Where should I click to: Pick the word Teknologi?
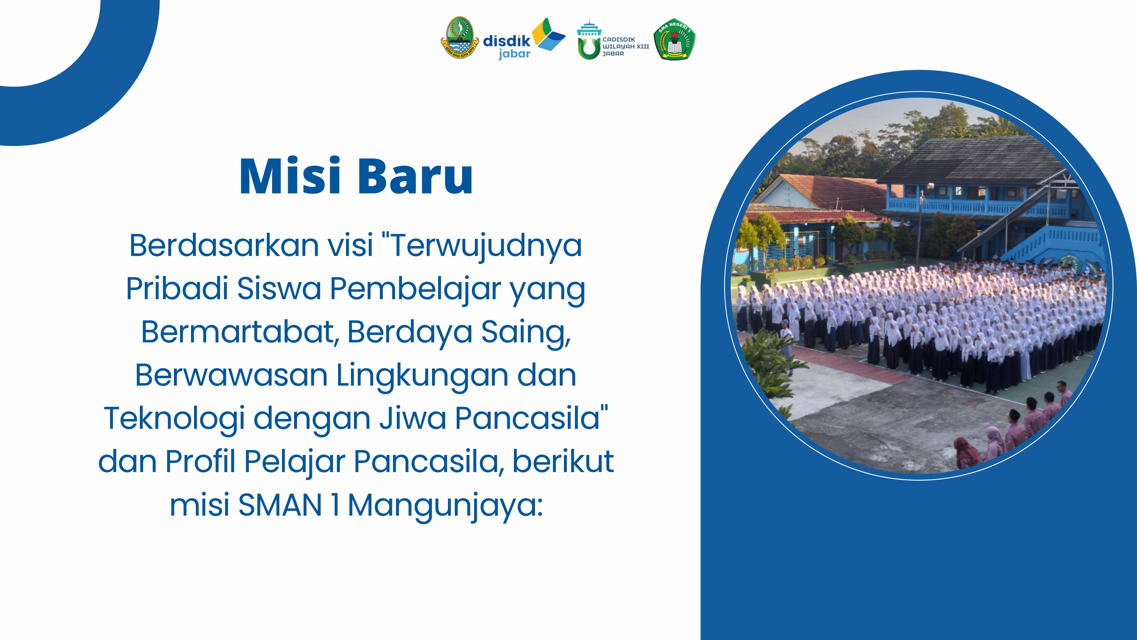pos(174,419)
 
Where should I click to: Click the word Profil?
pos(200,461)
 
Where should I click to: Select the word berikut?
pos(563,461)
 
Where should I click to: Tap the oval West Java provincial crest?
pos(459,38)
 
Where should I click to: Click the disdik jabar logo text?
pos(507,46)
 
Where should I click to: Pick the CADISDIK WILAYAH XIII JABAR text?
pos(626,46)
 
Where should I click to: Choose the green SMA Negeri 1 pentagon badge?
pos(675,39)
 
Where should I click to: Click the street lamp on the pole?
pos(930,186)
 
